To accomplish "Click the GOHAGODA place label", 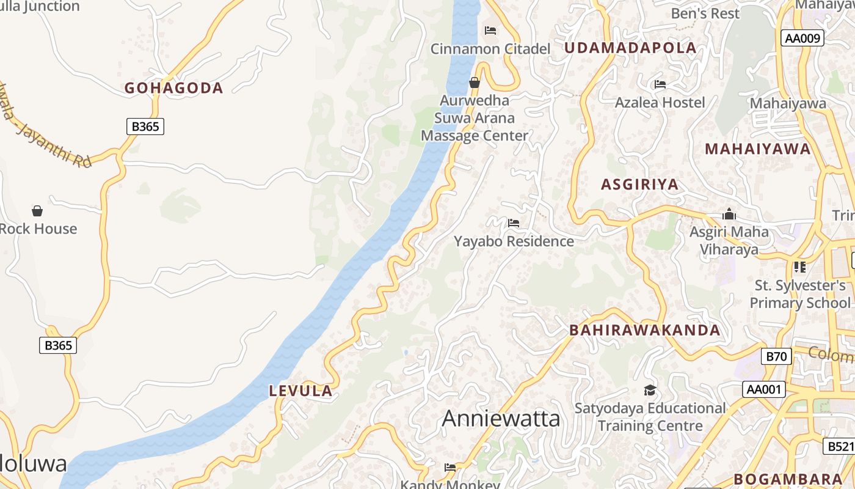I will coord(174,88).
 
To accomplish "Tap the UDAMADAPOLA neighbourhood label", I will coord(630,48).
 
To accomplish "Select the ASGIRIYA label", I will coord(639,184).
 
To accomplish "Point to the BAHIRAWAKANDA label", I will coord(645,330).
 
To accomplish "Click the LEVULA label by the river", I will coord(301,391).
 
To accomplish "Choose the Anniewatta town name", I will coord(501,419).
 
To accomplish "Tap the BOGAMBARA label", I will coord(788,479).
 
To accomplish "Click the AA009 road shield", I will coord(802,39).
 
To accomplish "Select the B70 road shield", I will coord(777,356).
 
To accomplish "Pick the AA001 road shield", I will coord(764,389).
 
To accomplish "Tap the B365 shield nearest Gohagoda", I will coord(145,127).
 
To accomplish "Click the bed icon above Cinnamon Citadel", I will coord(490,30).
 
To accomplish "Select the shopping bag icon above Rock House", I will coord(37,211).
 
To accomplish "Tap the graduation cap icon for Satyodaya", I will coord(650,390).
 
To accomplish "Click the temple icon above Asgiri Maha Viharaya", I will coord(729,214).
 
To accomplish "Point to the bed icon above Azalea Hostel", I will coord(660,84).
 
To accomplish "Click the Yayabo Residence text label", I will coord(514,241).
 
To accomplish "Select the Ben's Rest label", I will coord(705,13).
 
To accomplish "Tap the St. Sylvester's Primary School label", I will coord(799,294).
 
